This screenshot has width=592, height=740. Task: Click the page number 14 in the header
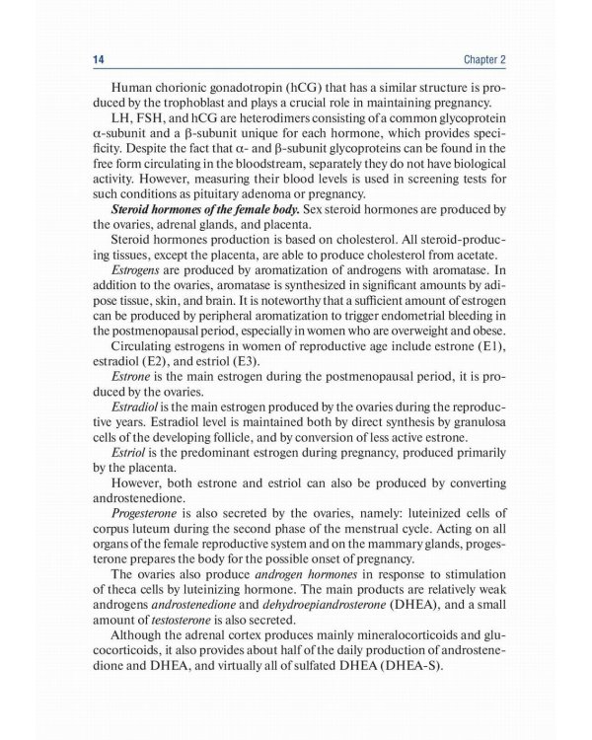click(98, 59)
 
